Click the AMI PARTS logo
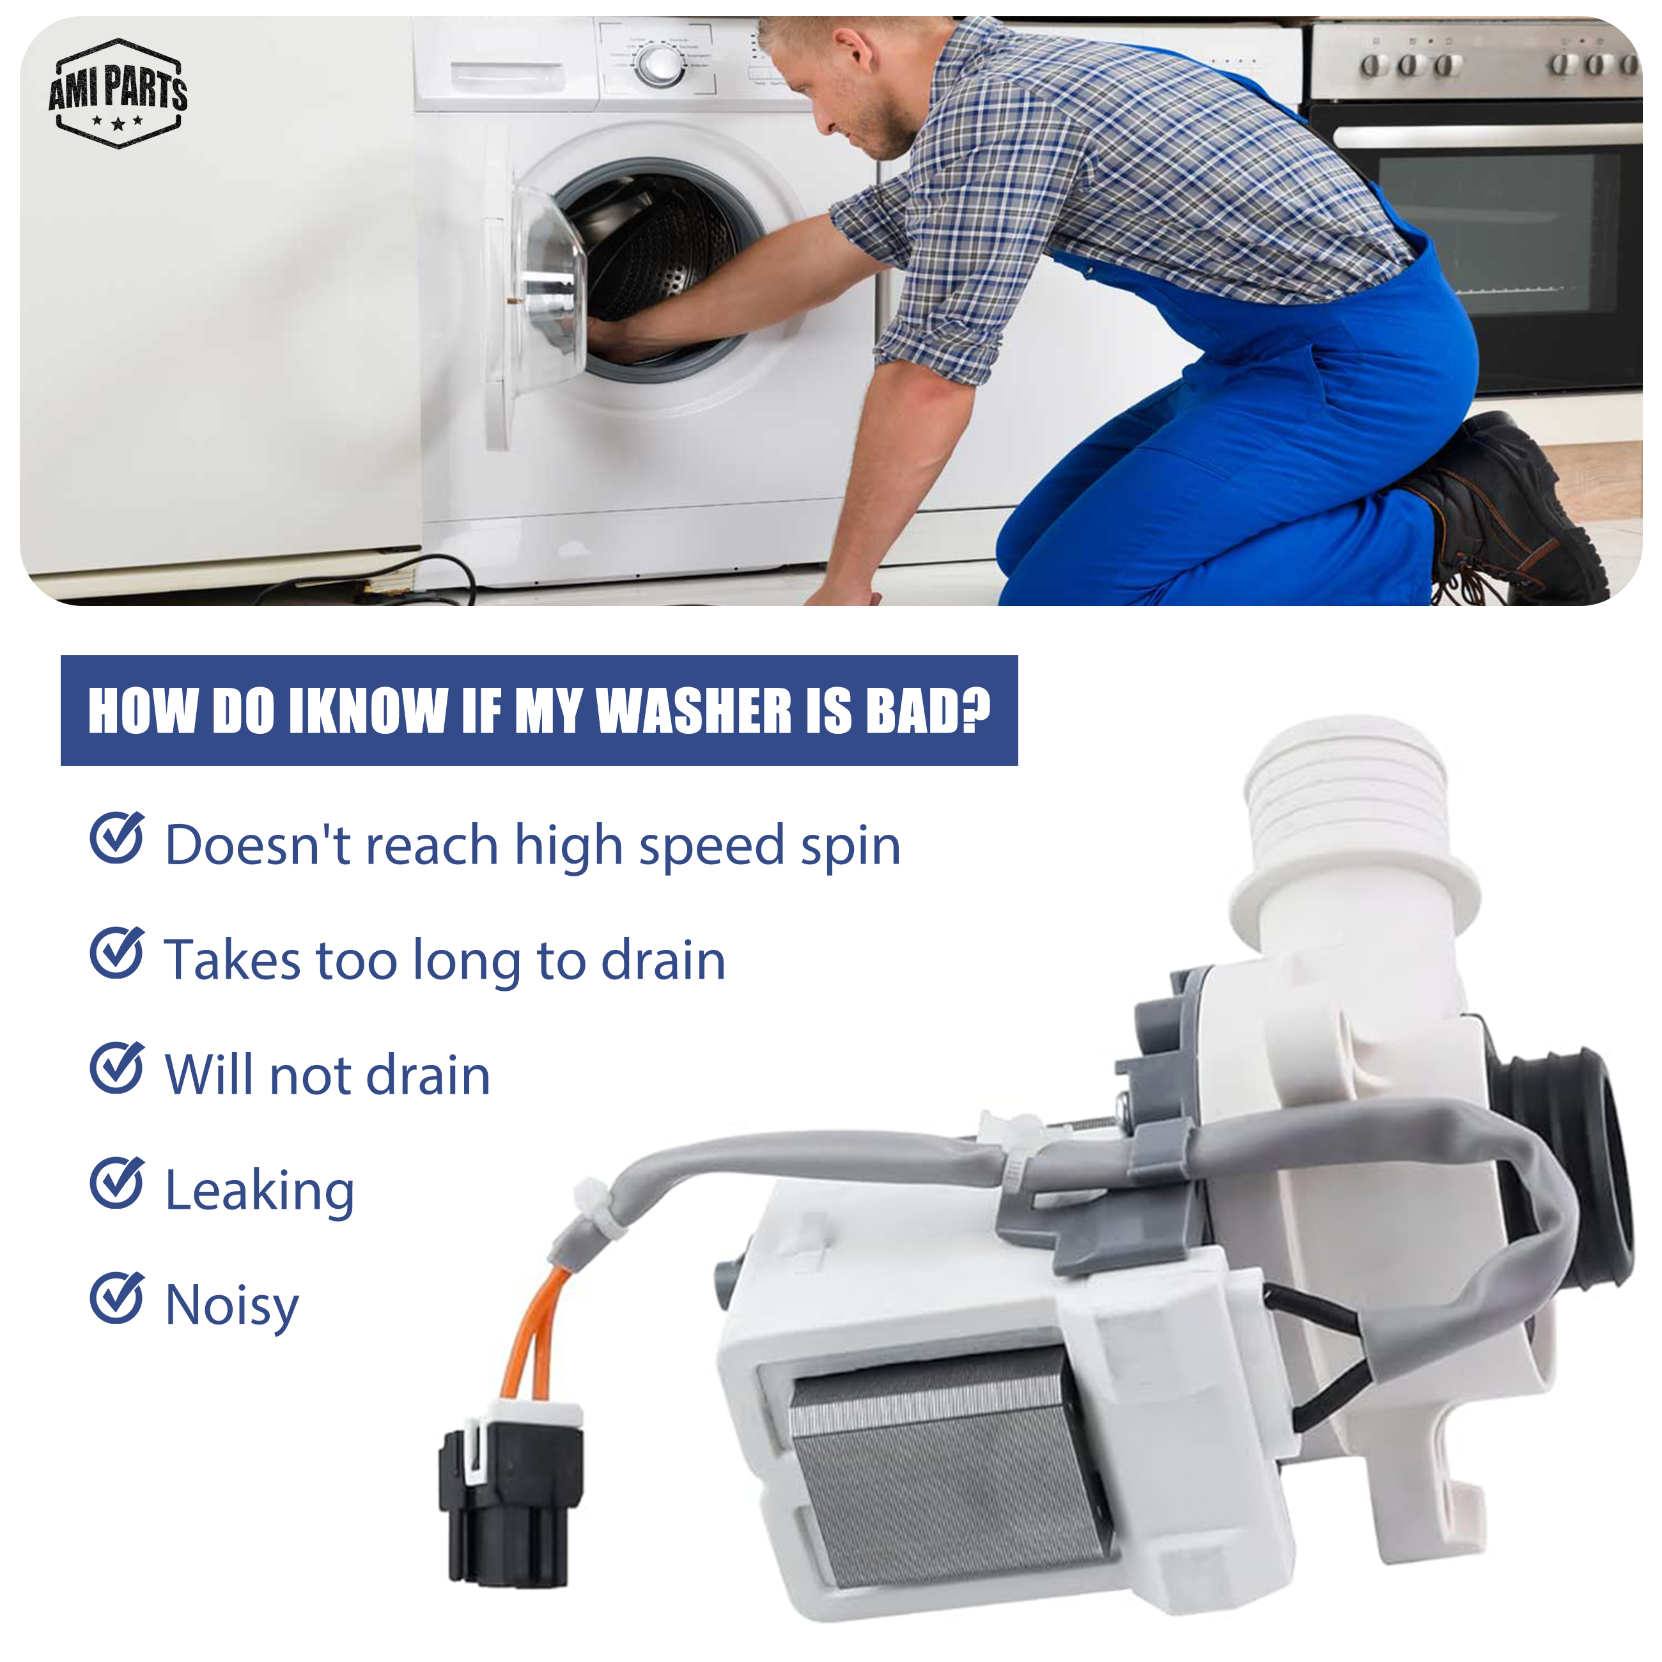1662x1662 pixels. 118,93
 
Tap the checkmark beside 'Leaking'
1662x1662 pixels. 117,1183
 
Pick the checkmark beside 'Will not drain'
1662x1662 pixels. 117,1068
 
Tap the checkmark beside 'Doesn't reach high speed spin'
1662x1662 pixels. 117,837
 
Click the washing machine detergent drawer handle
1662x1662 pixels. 508,75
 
